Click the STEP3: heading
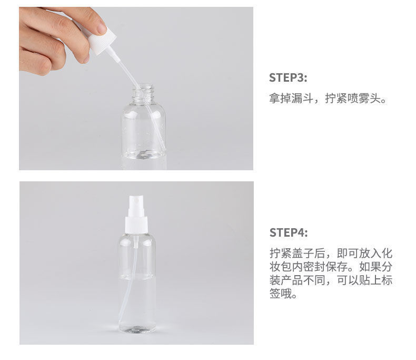pyautogui.click(x=288, y=78)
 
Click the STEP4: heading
pyautogui.click(x=289, y=233)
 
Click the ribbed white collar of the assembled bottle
pyautogui.click(x=136, y=226)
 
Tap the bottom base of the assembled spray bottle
pyautogui.click(x=137, y=329)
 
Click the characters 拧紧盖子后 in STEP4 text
pyautogui.click(x=298, y=254)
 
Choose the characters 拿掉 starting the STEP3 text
pyautogui.click(x=280, y=99)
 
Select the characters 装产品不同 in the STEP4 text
pyautogui.click(x=298, y=280)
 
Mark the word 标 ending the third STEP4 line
pyautogui.click(x=387, y=280)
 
